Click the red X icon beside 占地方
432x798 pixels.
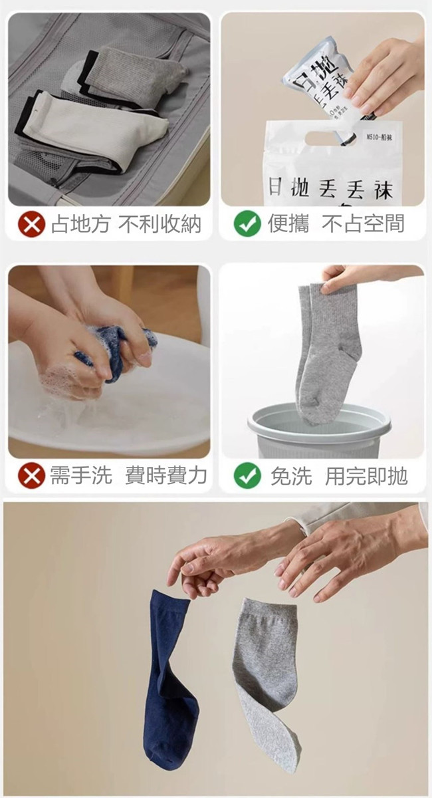pyautogui.click(x=31, y=225)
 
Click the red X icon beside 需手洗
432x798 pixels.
pyautogui.click(x=31, y=476)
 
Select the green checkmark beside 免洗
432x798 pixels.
pyautogui.click(x=247, y=476)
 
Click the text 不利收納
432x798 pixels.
pyautogui.click(x=160, y=224)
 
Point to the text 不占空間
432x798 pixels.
pyautogui.click(x=363, y=224)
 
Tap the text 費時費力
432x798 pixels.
pyautogui.click(x=166, y=475)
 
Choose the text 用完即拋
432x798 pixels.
pyautogui.click(x=366, y=476)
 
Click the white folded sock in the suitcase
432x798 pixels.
pyautogui.click(x=100, y=126)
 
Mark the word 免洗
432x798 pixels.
pyautogui.click(x=290, y=476)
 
